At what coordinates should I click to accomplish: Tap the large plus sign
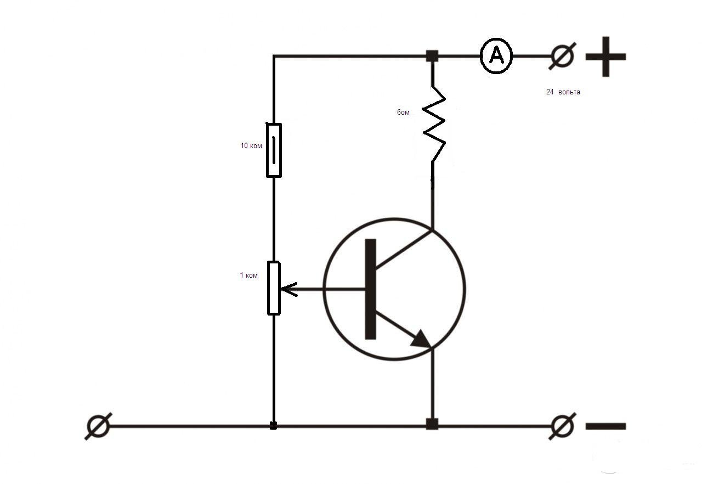(x=606, y=57)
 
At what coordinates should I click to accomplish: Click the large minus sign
(x=606, y=426)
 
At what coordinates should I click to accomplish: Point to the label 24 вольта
(x=563, y=92)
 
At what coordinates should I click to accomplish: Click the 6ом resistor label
(x=403, y=112)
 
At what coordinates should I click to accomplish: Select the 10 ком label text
(x=251, y=145)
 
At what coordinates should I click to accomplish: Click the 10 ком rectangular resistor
(x=267, y=150)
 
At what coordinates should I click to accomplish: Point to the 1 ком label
(x=248, y=275)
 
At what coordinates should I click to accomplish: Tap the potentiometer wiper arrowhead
(x=288, y=289)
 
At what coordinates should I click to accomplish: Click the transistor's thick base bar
(x=370, y=289)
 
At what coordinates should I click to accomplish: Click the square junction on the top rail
(x=432, y=56)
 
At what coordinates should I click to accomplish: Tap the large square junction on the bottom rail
(x=432, y=424)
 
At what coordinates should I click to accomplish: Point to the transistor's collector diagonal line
(x=404, y=250)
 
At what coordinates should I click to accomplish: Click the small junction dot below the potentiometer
(x=273, y=425)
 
